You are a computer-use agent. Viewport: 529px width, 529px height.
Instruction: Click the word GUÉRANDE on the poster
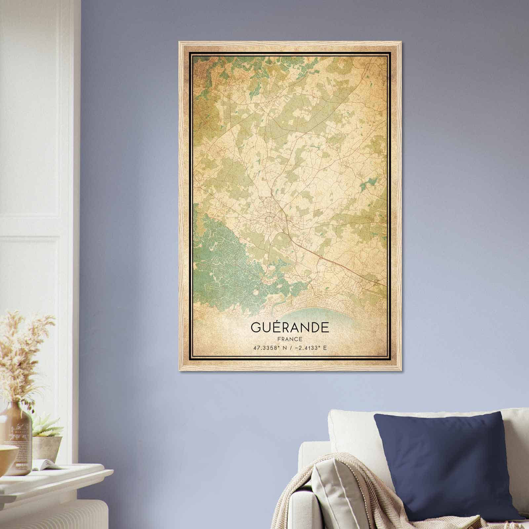pyautogui.click(x=290, y=327)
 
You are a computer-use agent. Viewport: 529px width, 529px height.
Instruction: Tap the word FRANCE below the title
pyautogui.click(x=290, y=339)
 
